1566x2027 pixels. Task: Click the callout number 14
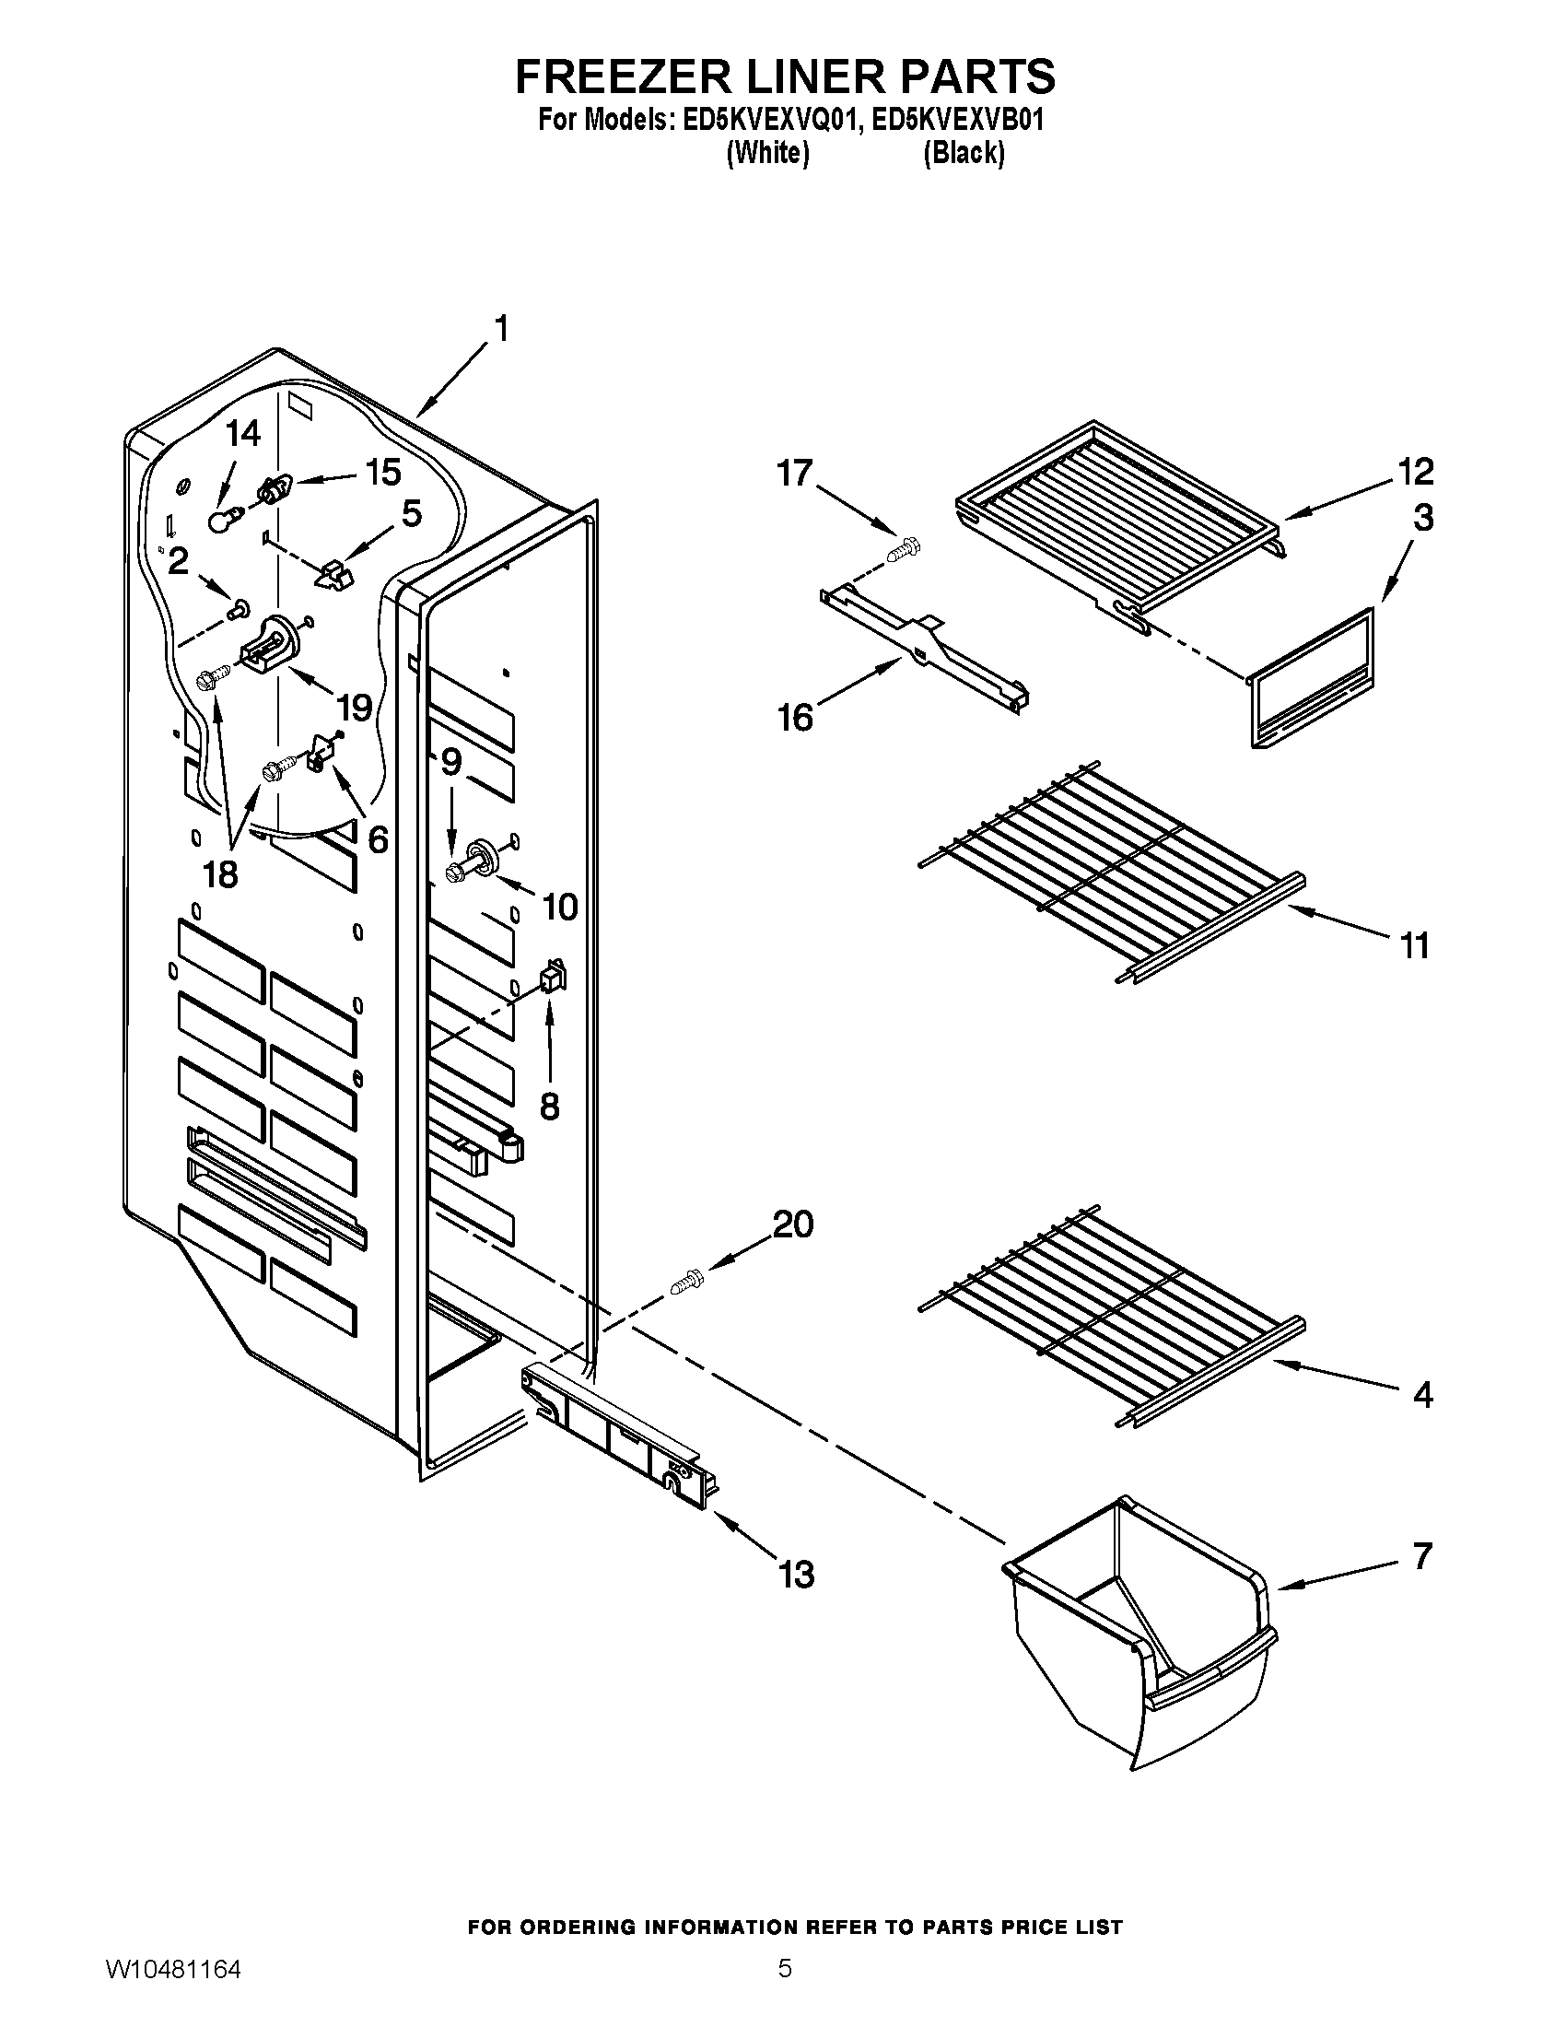(x=243, y=433)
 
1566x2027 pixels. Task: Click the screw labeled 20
(x=687, y=1284)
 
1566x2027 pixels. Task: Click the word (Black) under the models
(x=964, y=153)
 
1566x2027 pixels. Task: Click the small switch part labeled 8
(x=553, y=978)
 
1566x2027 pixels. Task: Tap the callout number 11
(x=1414, y=945)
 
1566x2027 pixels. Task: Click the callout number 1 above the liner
(x=500, y=330)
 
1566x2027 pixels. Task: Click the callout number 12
(x=1415, y=472)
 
